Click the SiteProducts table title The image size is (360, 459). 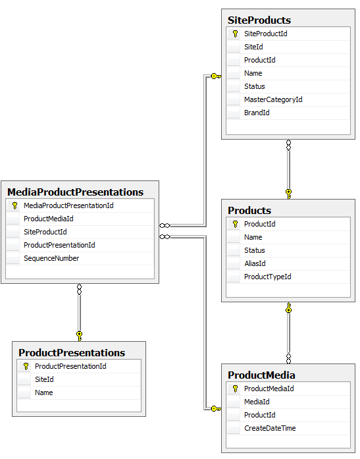coord(259,20)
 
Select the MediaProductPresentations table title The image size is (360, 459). coord(75,192)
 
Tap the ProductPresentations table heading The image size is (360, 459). coord(72,353)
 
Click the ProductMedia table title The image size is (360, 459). coord(261,375)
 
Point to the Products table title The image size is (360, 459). coord(249,211)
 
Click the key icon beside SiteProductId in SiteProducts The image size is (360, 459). coord(235,34)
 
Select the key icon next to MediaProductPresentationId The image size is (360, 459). coord(14,205)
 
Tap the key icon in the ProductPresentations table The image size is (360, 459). coord(26,366)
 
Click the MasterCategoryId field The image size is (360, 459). coord(273,99)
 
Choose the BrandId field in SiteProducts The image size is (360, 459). coord(257,113)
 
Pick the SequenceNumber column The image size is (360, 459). coord(51,258)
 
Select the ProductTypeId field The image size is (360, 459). coord(267,277)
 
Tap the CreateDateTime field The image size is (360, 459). coord(270,428)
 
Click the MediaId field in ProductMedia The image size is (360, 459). coord(257,402)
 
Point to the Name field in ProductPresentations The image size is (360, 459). coord(44,392)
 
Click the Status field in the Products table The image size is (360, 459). coord(255,250)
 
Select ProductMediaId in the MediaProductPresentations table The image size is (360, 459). coord(48,219)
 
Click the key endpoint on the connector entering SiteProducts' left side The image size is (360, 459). coord(215,76)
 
